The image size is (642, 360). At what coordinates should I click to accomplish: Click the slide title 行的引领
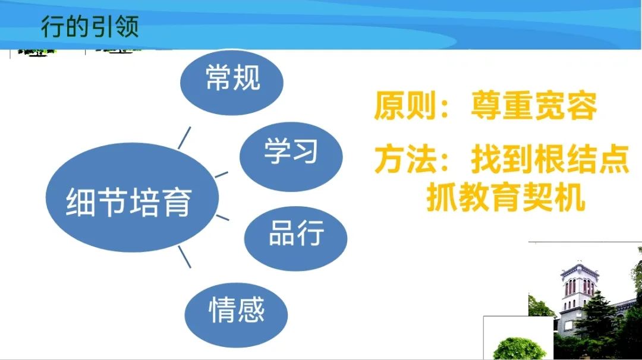click(90, 27)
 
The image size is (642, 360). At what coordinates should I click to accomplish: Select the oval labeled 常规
click(232, 82)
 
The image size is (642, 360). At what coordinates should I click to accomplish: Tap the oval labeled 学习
click(291, 157)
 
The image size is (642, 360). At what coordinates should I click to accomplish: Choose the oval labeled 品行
click(295, 238)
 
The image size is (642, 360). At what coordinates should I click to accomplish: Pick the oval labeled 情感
click(236, 315)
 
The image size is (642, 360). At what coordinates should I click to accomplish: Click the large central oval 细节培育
click(132, 197)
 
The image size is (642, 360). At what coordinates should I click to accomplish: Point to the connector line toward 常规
click(184, 138)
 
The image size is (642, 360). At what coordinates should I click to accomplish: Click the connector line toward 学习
click(222, 175)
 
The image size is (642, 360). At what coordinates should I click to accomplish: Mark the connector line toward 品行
click(222, 217)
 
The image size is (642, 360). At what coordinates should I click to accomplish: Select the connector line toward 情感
click(185, 257)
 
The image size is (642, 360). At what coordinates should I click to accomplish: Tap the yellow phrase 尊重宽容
click(534, 106)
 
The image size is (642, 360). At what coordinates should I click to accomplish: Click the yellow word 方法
click(405, 159)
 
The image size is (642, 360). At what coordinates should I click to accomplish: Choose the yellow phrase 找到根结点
click(550, 159)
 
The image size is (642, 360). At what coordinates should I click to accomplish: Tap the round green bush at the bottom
click(519, 349)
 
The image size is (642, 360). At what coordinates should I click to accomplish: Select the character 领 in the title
click(127, 27)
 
